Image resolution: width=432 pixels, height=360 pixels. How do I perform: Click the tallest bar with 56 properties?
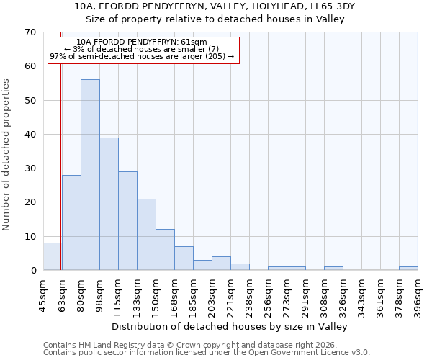(90, 175)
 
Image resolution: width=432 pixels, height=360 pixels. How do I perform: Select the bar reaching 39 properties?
(109, 204)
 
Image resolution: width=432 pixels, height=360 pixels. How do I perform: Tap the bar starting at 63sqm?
(71, 222)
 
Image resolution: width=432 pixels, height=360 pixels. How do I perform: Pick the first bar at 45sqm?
(52, 256)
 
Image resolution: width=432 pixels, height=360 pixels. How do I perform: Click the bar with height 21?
(146, 235)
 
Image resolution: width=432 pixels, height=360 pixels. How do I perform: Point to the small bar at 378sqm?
(408, 269)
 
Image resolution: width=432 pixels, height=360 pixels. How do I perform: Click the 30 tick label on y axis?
(30, 168)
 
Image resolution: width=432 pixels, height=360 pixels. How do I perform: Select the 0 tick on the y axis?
(32, 271)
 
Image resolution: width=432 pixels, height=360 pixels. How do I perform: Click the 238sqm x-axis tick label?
(249, 294)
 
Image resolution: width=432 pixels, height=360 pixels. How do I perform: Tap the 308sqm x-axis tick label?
(324, 294)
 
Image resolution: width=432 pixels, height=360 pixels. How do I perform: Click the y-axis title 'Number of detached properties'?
(7, 155)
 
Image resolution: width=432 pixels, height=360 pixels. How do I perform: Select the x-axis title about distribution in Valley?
(230, 326)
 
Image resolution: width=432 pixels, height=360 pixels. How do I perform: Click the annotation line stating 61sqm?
(142, 42)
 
